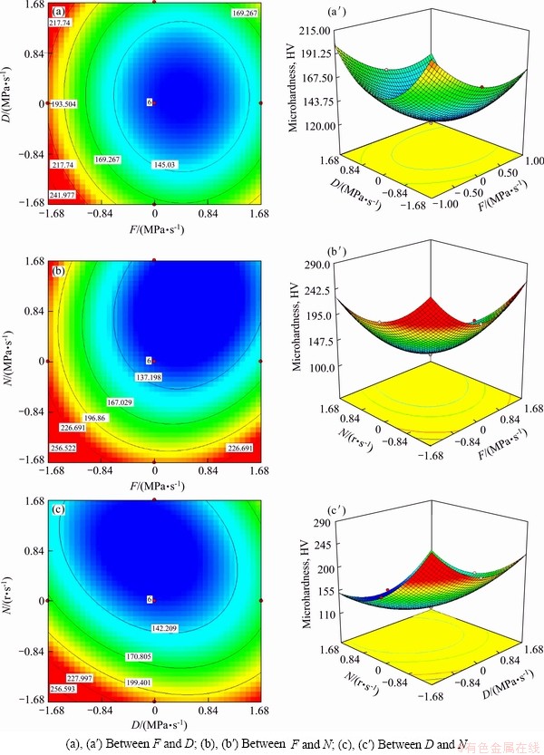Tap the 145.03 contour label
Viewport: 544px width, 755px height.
click(x=167, y=164)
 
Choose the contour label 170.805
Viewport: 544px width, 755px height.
click(x=142, y=655)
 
